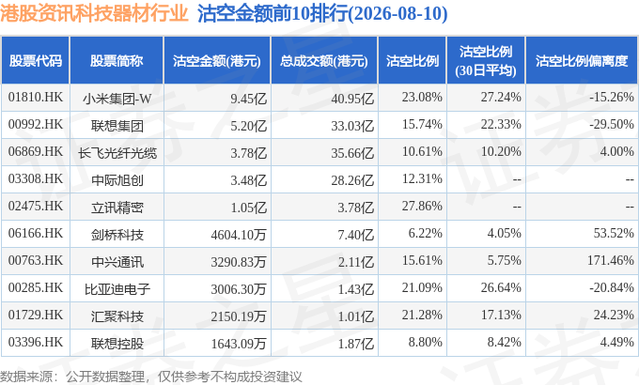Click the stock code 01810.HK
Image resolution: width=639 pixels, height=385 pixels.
pyautogui.click(x=36, y=98)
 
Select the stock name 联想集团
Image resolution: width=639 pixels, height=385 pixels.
pyautogui.click(x=117, y=126)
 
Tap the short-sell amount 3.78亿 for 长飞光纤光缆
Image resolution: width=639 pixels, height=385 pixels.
pyautogui.click(x=249, y=153)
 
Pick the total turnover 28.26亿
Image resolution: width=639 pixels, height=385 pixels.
pyautogui.click(x=352, y=180)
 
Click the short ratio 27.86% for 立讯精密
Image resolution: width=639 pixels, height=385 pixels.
pyautogui.click(x=422, y=207)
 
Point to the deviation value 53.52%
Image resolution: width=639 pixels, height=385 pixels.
pyautogui.click(x=614, y=234)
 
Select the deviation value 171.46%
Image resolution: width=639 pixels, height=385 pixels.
pyautogui.click(x=610, y=261)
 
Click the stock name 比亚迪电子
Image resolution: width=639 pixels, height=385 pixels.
pyautogui.click(x=117, y=289)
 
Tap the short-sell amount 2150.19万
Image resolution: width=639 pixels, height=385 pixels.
pyautogui.click(x=239, y=316)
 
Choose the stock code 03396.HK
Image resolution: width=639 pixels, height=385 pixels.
pyautogui.click(x=36, y=343)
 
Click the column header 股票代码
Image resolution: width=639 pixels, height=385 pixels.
pyautogui.click(x=36, y=61)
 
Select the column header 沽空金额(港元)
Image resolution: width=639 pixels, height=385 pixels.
pyautogui.click(x=217, y=61)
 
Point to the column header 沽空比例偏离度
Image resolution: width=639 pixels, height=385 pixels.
pyautogui.click(x=582, y=61)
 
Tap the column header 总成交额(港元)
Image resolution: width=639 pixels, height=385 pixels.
pyautogui.click(x=324, y=61)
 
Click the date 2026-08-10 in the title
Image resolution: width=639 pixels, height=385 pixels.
pyautogui.click(x=397, y=13)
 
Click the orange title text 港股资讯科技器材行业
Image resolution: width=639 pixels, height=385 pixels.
pyautogui.click(x=94, y=13)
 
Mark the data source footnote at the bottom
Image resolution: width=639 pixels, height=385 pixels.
pyautogui.click(x=151, y=376)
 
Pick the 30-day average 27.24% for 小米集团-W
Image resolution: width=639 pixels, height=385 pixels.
pyautogui.click(x=501, y=98)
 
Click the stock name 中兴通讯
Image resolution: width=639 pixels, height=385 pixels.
pyautogui.click(x=117, y=262)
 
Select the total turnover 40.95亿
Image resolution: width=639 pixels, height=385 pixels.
pyautogui.click(x=352, y=99)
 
